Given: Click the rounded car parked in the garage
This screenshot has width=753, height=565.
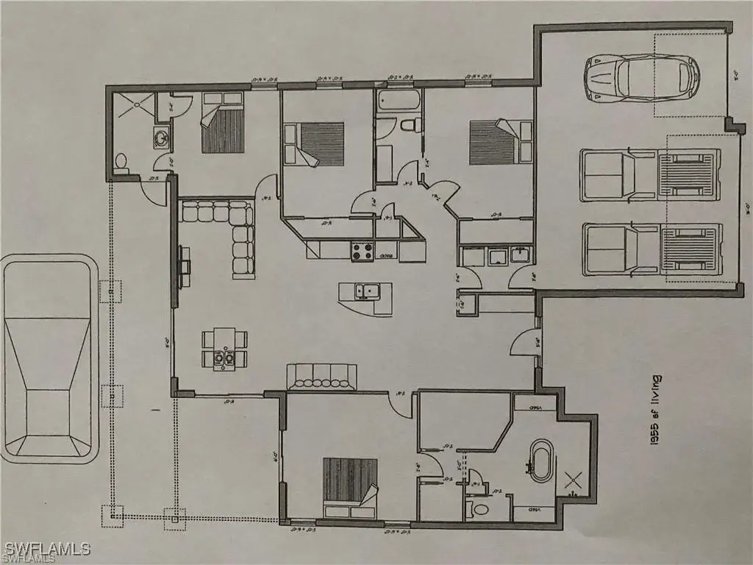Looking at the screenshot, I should click(x=641, y=77).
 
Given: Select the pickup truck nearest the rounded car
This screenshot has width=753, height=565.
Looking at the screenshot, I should click(x=649, y=175).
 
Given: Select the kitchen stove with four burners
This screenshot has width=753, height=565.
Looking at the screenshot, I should click(x=363, y=252).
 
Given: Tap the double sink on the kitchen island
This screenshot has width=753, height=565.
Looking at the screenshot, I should click(x=365, y=291).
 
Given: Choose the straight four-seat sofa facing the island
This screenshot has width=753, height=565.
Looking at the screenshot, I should click(x=321, y=375).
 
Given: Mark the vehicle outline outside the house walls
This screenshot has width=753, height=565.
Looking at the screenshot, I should click(x=49, y=360).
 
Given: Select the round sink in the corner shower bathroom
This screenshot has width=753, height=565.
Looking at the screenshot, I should click(x=160, y=138).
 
